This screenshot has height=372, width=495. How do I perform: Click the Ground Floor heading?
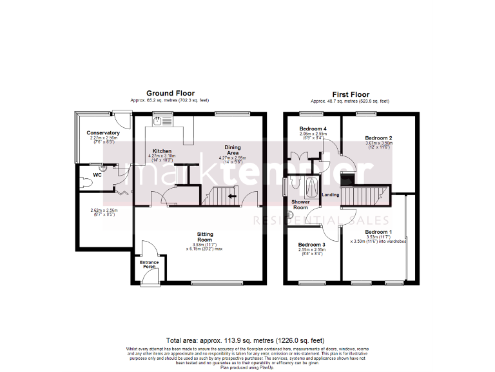(x=170, y=94)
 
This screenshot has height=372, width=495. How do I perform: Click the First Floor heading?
(x=350, y=94)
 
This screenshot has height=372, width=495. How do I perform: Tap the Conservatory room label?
(x=103, y=133)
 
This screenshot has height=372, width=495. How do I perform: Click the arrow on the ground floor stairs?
(x=231, y=196)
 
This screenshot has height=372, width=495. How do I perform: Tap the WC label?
(x=97, y=175)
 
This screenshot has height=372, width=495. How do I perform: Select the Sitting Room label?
(x=205, y=237)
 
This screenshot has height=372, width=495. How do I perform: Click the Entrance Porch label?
(x=149, y=265)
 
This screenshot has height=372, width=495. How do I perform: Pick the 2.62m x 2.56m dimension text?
(x=103, y=210)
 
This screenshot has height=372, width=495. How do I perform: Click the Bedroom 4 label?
(x=313, y=129)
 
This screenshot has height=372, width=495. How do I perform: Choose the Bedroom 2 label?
(x=378, y=138)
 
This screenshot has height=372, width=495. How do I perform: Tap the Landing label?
(x=331, y=194)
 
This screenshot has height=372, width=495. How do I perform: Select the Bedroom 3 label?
(x=311, y=245)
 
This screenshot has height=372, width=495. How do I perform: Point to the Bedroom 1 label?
(x=378, y=232)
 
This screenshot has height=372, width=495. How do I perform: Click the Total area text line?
(x=245, y=340)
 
